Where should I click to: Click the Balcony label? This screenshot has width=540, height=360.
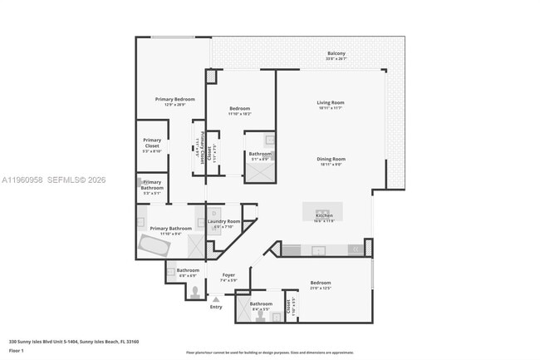[336, 54]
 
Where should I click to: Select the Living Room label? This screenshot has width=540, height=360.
[330, 103]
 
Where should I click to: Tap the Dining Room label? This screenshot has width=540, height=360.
[331, 159]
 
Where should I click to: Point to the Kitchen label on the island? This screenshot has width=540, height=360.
[324, 215]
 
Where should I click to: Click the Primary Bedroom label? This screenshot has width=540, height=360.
[174, 100]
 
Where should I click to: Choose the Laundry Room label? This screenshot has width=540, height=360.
[223, 221]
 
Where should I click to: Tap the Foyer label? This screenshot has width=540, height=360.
[228, 275]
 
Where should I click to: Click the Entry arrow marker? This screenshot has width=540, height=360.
[216, 299]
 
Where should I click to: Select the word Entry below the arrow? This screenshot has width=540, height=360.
[216, 308]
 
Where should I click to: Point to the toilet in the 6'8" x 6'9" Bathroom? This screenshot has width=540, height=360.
[195, 292]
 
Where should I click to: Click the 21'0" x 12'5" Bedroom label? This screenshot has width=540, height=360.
[321, 283]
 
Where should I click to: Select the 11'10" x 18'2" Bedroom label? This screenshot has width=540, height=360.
[239, 109]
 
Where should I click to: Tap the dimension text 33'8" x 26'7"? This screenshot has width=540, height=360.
[336, 59]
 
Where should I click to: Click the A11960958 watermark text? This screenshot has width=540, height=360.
[23, 180]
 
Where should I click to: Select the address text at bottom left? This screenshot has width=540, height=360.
[73, 341]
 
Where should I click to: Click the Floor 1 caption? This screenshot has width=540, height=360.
[17, 351]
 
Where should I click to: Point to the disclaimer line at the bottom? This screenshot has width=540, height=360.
[270, 354]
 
